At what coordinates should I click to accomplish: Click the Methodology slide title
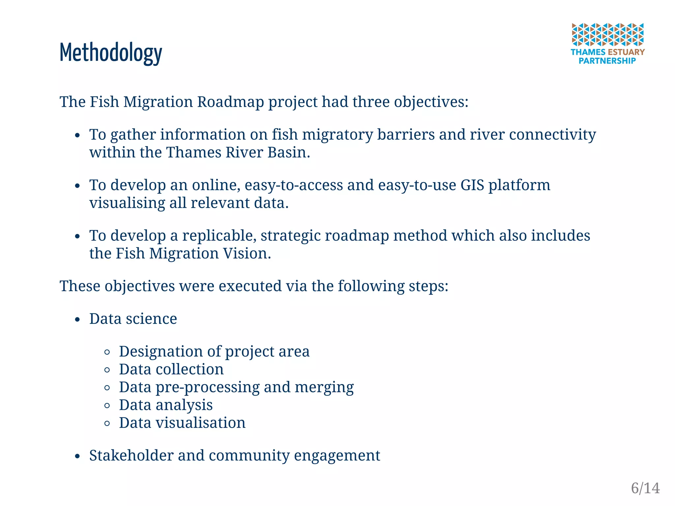coord(111,53)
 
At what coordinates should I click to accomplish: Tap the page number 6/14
coord(645,488)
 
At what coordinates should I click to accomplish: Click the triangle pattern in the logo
coord(607,34)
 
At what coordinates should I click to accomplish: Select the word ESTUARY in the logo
coord(626,52)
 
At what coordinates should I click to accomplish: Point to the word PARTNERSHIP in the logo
coord(607,61)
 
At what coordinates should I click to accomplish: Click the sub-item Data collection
coord(171,369)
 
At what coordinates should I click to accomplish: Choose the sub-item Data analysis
coord(166,405)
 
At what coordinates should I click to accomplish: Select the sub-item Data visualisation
coord(182,423)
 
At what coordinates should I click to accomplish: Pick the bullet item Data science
coord(133,319)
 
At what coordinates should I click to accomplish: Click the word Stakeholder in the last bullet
coord(131,456)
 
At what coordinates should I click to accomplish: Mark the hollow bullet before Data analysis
coord(107,406)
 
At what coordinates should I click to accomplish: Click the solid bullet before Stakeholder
coord(77,457)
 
